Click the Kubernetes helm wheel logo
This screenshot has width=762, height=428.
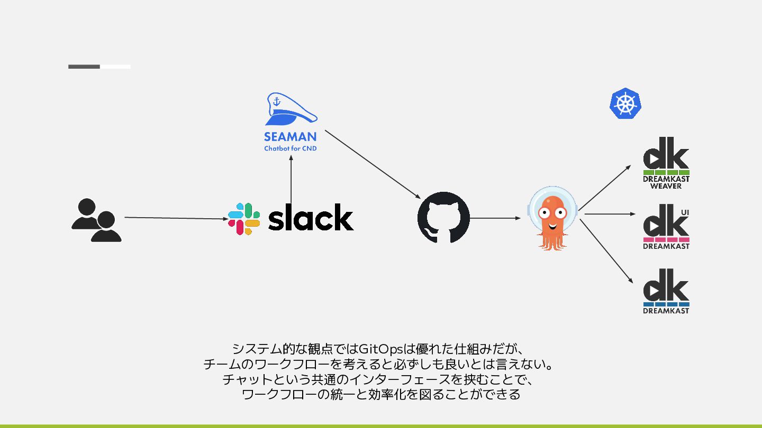tap(625, 103)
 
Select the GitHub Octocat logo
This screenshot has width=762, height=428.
tap(443, 218)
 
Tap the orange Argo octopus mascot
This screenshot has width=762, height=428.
tap(552, 218)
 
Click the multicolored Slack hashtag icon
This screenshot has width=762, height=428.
tap(244, 219)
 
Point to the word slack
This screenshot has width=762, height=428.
tap(311, 217)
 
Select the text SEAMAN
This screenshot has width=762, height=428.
tap(291, 137)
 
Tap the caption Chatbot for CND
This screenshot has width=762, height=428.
tap(291, 148)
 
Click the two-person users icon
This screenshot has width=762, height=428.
tap(96, 220)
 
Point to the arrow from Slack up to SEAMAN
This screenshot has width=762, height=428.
tap(291, 180)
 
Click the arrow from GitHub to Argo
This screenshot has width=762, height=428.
tap(495, 218)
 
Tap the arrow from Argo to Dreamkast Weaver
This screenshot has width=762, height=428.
tap(604, 188)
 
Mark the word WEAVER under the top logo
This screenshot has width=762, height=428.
tap(666, 186)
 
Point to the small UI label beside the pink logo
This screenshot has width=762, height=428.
tap(685, 212)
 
